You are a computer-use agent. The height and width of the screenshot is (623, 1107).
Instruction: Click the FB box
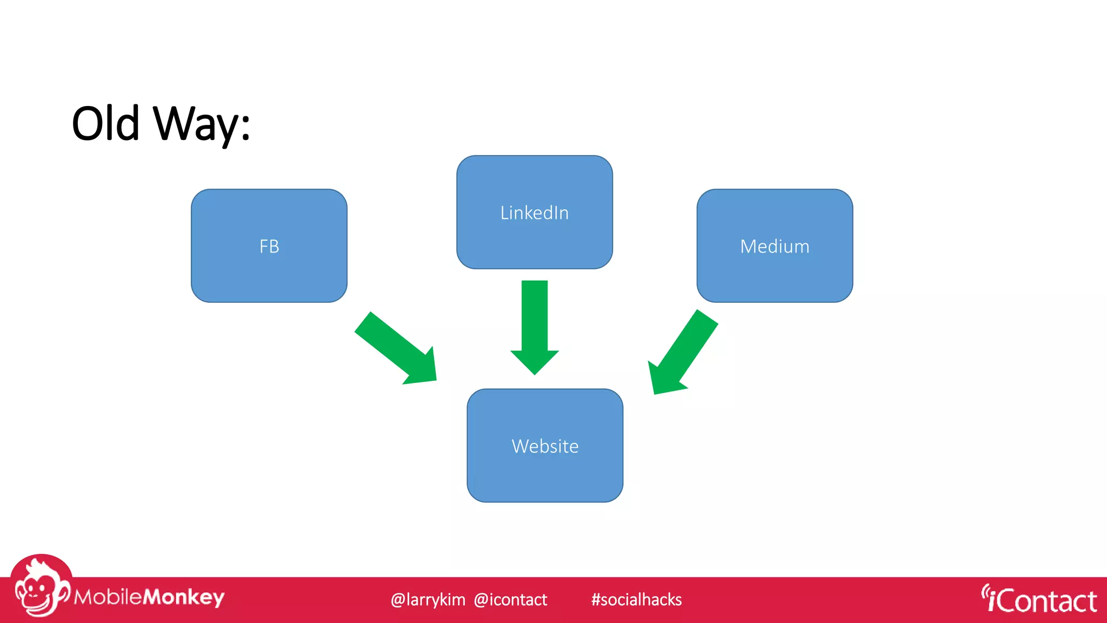(269, 270)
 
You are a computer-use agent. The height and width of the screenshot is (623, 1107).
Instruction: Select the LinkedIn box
(534, 238)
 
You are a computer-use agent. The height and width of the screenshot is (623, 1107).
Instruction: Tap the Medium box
(774, 270)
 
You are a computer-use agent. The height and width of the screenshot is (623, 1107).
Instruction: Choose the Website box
(545, 470)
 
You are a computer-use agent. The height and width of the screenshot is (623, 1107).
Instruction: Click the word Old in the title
(105, 124)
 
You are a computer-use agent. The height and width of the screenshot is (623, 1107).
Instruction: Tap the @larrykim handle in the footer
(428, 600)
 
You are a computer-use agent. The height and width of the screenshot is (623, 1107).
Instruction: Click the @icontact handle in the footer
(510, 600)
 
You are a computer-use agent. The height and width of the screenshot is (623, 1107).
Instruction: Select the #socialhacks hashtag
(636, 600)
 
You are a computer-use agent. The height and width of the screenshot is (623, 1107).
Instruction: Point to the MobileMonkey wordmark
(149, 597)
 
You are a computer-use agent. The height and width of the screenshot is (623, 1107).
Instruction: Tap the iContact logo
(1039, 600)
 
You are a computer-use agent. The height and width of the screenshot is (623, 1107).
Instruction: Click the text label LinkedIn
(534, 213)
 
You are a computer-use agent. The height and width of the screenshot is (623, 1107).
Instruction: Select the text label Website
(545, 446)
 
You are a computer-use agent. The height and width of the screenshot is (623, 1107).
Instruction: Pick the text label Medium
(774, 247)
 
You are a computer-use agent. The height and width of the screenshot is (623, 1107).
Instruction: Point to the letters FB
(269, 247)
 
